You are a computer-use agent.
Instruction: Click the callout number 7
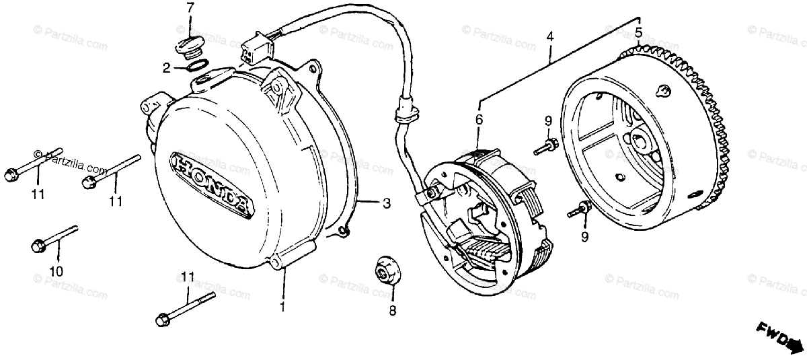[x=190, y=9]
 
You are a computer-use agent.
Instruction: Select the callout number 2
[x=165, y=67]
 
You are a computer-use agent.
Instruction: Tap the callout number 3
[x=386, y=203]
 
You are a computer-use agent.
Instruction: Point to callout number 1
[x=283, y=308]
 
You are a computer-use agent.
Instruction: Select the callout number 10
[x=56, y=272]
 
